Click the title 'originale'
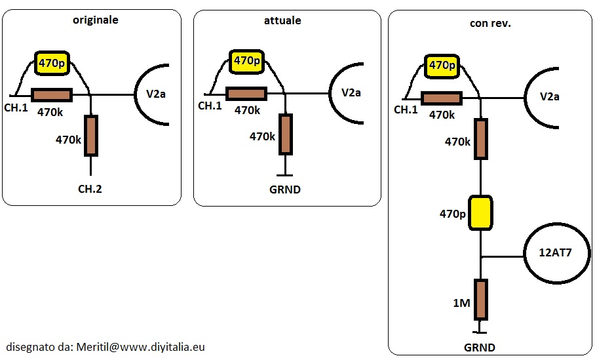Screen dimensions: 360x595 coord(96,20)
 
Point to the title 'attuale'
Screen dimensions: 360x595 coord(282,20)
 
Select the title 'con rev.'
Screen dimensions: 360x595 coord(490,23)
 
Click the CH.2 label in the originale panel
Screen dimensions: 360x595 coord(90,189)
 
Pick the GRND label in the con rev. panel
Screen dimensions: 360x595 coord(480,348)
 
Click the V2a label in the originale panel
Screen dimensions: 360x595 coord(156,94)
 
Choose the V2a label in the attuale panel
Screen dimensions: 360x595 coord(351,92)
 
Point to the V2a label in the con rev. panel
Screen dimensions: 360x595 coord(549,96)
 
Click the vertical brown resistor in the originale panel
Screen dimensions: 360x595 coord(90,135)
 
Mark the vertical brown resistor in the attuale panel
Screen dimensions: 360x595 coord(284,134)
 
